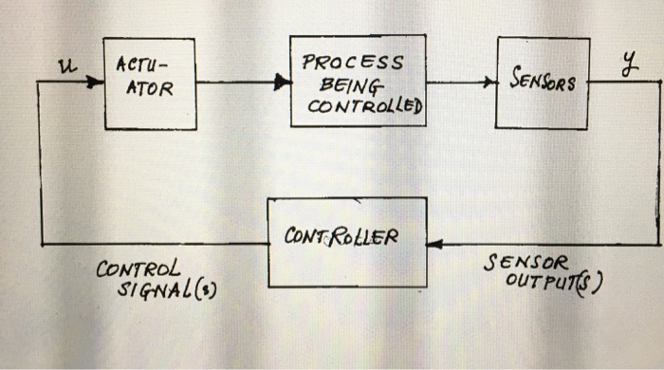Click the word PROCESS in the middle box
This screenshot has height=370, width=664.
click(x=353, y=63)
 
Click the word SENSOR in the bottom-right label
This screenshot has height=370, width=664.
click(x=526, y=263)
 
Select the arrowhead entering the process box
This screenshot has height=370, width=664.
click(x=283, y=83)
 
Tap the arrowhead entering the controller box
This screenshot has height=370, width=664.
click(x=433, y=243)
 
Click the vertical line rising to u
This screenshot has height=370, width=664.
click(x=39, y=161)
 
